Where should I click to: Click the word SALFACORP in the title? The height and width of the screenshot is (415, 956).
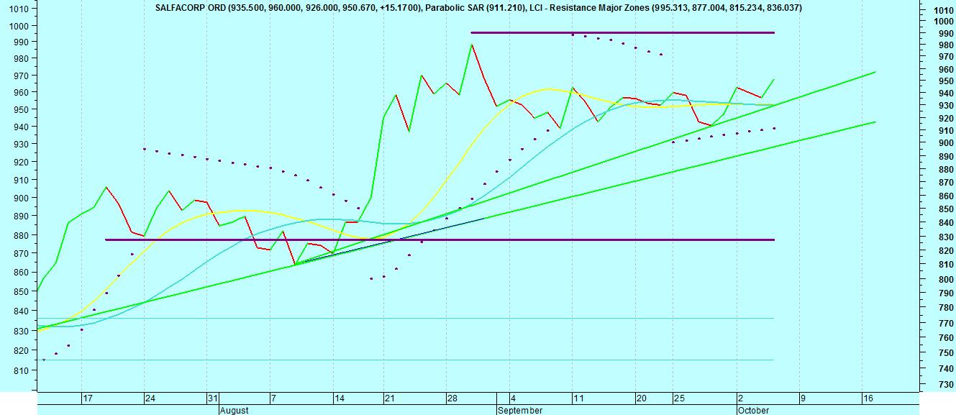coord(181,8)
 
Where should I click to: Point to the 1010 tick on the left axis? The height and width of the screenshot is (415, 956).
coord(19,9)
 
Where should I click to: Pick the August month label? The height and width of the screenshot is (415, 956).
coord(234,410)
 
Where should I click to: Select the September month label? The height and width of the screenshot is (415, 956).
coord(520,410)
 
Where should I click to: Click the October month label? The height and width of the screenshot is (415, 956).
coord(753,410)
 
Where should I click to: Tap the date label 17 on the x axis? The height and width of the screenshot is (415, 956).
coord(87,398)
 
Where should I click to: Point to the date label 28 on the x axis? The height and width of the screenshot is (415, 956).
coord(452,398)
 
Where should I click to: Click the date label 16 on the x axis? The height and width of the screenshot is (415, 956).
coord(868,398)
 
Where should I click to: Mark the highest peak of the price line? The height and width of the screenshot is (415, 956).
coord(472,45)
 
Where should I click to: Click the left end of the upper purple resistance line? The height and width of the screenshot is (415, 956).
coord(471,32)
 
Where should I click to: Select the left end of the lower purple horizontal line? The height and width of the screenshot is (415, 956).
coord(106,240)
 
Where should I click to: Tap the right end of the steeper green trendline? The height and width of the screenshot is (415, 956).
coord(875,72)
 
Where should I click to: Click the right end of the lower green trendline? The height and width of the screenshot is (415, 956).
coord(875,122)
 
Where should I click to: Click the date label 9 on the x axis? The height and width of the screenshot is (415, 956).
coord(802,398)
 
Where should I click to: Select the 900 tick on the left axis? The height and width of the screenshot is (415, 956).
coord(19,198)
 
